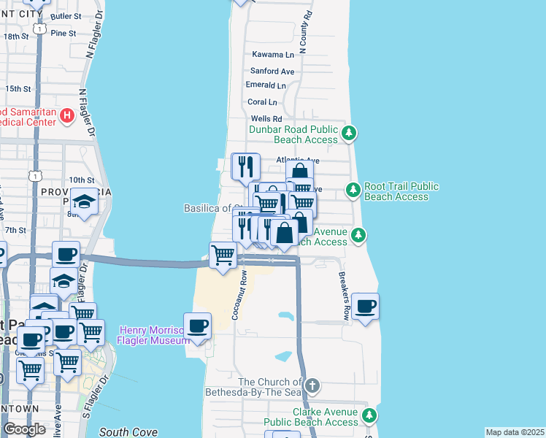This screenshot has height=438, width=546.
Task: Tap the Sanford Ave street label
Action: pos(272,71)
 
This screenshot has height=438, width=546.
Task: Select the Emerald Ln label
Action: pos(266,85)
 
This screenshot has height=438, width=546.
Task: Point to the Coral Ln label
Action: pos(262,102)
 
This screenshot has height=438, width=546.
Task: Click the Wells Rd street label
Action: pos(266,118)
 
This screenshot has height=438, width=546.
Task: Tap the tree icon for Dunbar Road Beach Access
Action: pos(350,132)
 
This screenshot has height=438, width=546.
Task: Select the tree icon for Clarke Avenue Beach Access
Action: pos(369,415)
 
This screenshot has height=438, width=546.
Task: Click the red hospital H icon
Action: pos(66,115)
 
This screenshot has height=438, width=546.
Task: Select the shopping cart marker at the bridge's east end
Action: pos(223,255)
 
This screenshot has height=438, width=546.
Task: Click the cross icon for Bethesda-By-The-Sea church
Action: pos(312,385)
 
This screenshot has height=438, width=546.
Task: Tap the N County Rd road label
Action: pos(307,32)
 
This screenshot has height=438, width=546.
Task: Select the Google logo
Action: pos(24,429)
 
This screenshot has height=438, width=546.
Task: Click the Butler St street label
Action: pos(66,15)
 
